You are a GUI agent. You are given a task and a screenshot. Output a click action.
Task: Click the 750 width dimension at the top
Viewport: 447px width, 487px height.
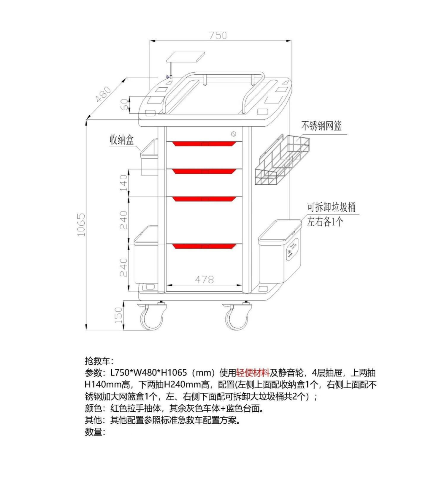click(x=218, y=35)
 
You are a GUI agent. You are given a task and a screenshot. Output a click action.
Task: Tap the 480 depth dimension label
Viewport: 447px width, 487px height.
click(x=103, y=94)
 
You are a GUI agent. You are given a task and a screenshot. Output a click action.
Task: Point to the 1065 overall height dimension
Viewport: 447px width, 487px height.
click(x=81, y=224)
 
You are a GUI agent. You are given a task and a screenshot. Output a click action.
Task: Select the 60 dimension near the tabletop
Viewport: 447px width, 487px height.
click(x=125, y=104)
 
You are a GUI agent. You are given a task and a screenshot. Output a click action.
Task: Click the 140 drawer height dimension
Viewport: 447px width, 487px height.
click(x=123, y=183)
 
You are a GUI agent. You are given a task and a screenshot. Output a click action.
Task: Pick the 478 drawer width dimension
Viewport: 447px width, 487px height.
click(x=204, y=279)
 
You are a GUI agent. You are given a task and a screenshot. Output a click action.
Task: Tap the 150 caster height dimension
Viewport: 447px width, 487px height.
click(x=118, y=315)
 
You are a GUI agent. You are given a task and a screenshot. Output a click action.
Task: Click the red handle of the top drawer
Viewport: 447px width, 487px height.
click(x=204, y=144)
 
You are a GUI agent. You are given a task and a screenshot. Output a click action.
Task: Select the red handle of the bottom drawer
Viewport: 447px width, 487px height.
click(x=204, y=246)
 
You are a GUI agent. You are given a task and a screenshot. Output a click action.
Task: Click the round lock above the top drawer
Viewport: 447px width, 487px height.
click(x=234, y=134)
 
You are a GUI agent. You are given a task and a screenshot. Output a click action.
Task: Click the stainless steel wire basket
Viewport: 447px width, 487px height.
click(x=282, y=161)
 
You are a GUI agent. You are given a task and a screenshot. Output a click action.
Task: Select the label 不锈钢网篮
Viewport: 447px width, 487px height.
click(x=321, y=126)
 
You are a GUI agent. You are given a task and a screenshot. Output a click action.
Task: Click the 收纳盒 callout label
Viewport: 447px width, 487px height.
click(x=122, y=140)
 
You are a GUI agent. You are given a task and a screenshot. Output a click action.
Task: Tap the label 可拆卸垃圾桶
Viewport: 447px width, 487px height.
click(x=331, y=207)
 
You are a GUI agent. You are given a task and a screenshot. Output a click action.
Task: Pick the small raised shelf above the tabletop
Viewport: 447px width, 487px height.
click(x=186, y=57)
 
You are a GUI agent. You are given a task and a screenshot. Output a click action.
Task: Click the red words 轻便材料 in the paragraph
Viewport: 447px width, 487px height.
click(x=253, y=373)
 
